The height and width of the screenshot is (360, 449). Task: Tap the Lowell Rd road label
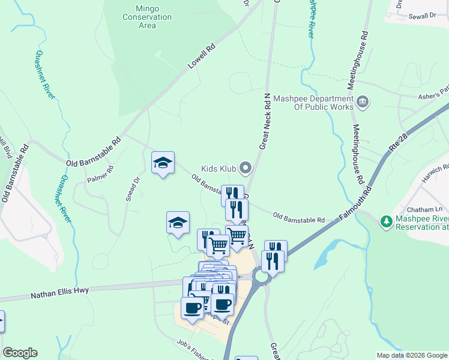(201, 55)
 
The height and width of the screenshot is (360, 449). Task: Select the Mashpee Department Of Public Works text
(313, 103)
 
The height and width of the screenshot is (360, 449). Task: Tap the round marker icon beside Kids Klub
(245, 167)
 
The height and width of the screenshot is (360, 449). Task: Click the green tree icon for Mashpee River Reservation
(386, 222)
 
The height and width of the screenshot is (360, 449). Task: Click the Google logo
(20, 353)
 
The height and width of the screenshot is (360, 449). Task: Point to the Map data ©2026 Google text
(411, 355)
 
